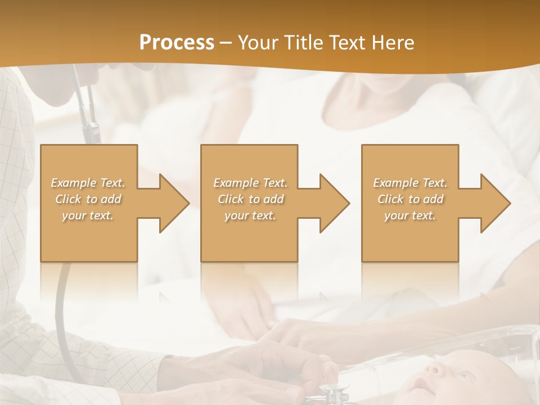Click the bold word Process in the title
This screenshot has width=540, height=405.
coord(177,42)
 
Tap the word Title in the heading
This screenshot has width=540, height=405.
coord(304,43)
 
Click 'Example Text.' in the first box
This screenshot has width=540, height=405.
coord(88,183)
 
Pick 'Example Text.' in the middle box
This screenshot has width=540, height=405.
coord(250,183)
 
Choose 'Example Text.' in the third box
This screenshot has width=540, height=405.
coord(410,183)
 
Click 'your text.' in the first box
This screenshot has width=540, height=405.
coord(88,215)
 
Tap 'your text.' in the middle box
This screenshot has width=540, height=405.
coord(250,215)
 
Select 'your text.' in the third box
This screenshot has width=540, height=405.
coord(410,215)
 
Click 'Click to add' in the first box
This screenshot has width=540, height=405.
coord(88,199)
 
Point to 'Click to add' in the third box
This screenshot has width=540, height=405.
coord(411,199)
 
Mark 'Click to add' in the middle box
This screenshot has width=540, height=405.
coord(250,199)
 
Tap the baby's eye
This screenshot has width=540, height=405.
coord(458,376)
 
